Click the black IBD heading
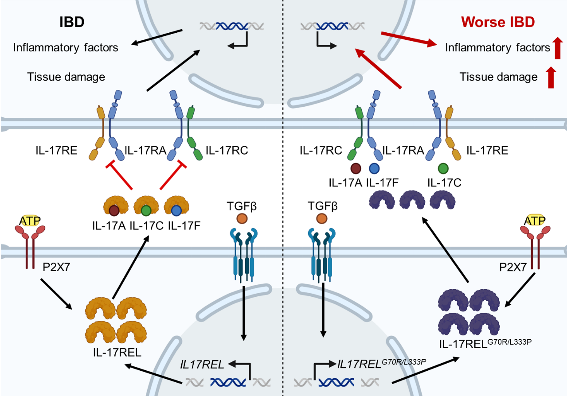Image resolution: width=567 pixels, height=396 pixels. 72,22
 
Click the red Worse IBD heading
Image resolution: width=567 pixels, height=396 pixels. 497,22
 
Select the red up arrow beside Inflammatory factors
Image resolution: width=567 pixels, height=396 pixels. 558,48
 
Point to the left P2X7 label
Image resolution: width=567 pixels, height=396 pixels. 56,268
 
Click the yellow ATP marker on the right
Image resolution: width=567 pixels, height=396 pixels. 535,220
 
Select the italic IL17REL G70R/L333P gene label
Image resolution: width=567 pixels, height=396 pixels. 381,364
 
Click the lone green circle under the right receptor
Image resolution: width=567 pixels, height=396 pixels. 442,168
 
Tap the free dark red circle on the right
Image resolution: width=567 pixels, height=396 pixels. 356,169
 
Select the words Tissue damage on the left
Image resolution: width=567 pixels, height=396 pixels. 66,77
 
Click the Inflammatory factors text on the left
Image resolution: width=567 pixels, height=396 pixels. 66,47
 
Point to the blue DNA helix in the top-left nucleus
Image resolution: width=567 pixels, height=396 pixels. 232,26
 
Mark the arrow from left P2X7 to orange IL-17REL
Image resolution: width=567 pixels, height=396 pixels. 56,293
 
